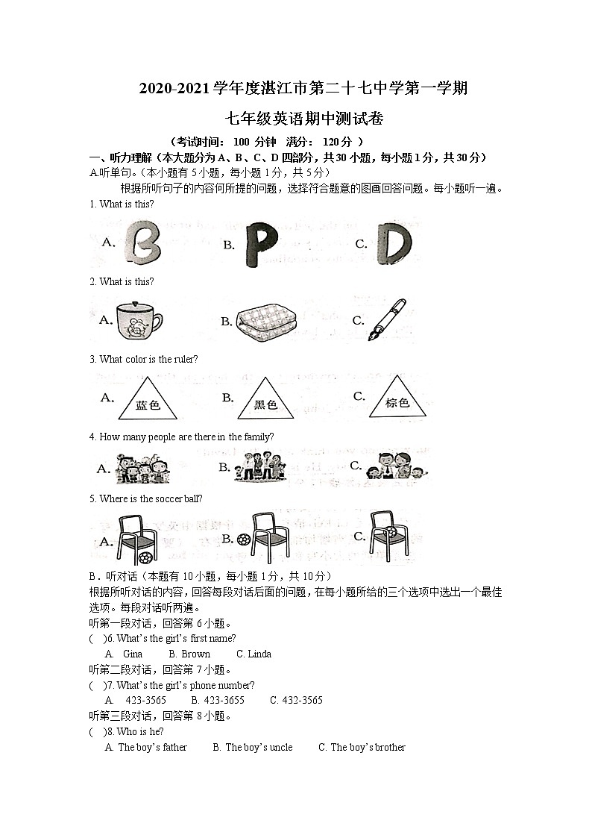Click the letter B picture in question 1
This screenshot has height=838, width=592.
click(x=142, y=243)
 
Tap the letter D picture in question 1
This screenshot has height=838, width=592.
click(x=393, y=243)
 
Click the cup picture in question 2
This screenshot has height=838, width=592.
click(x=139, y=321)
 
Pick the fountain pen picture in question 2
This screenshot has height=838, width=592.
click(x=388, y=319)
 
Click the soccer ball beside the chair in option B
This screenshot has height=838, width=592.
click(x=243, y=539)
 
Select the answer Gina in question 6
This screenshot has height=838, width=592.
click(x=133, y=654)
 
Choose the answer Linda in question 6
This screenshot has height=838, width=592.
click(x=259, y=654)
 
